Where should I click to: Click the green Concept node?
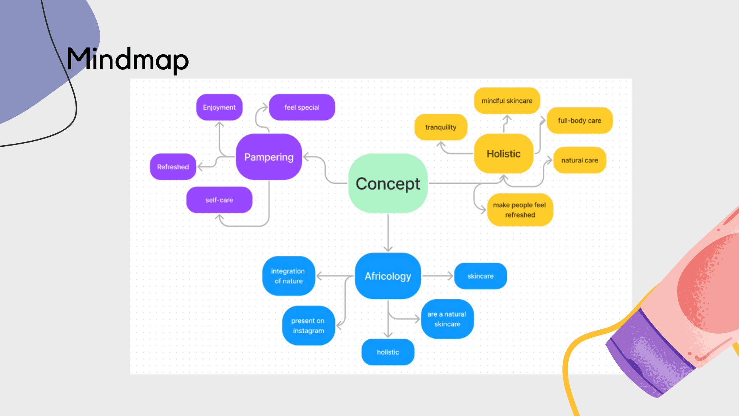point(388,183)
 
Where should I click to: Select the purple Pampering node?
point(269,157)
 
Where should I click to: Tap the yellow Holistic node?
point(503,154)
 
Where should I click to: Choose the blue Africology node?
point(388,276)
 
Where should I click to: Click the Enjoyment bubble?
point(219,107)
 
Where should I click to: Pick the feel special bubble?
point(302,107)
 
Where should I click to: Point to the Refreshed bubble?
point(173,167)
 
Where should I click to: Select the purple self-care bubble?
point(219,200)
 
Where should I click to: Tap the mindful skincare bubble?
point(507,101)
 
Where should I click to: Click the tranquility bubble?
point(441,127)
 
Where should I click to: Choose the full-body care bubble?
point(579,121)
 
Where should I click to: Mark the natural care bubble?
point(579,160)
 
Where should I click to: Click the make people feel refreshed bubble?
point(520,210)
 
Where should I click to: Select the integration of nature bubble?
point(288,276)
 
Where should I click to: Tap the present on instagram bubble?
point(308,325)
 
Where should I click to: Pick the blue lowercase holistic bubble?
point(388,352)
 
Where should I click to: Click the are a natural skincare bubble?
point(447,319)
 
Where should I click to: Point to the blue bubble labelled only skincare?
point(480,276)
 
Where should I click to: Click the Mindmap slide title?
point(127,59)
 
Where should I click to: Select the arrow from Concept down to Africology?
point(388,233)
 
